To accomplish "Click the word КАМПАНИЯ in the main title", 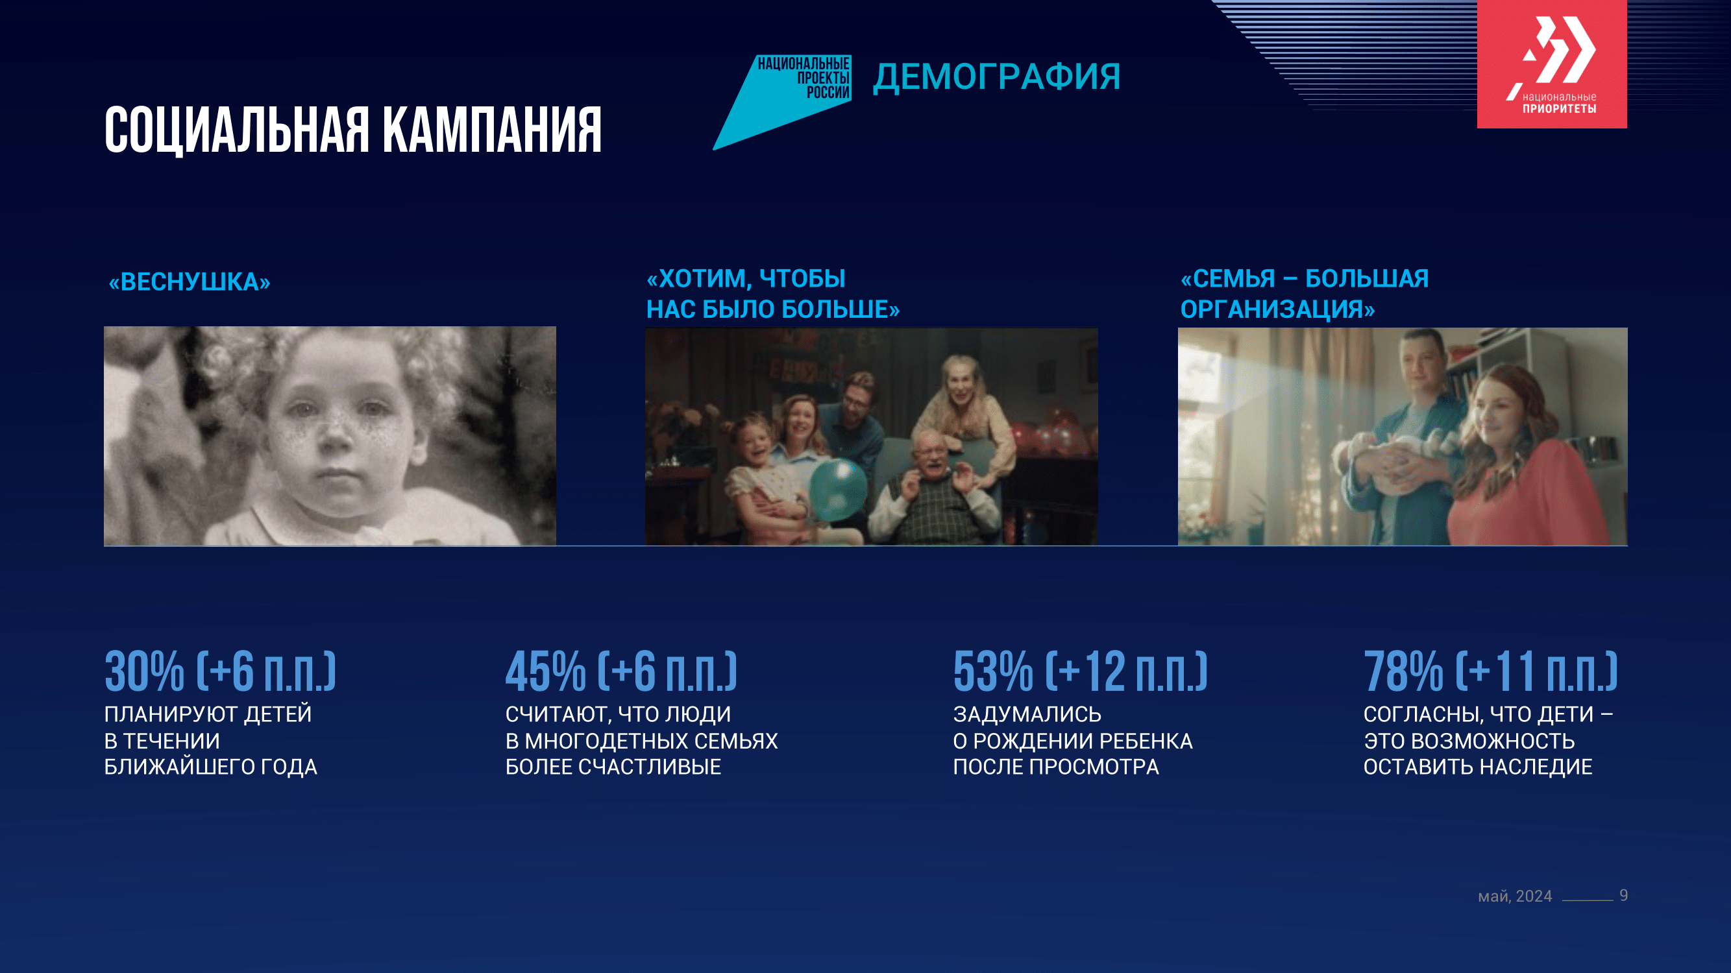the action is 492,130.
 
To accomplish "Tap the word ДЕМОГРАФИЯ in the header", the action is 996,77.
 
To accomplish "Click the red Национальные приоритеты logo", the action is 1552,64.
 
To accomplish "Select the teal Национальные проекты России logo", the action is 782,102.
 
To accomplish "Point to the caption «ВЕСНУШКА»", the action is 190,282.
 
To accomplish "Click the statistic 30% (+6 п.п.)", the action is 220,671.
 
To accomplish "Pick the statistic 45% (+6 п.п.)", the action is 621,671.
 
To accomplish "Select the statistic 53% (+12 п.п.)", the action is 1080,671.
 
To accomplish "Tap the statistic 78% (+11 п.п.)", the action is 1490,671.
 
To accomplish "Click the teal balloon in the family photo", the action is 838,489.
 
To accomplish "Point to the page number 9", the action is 1623,895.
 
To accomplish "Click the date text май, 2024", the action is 1515,896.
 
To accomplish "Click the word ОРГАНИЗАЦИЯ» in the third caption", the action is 1277,309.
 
